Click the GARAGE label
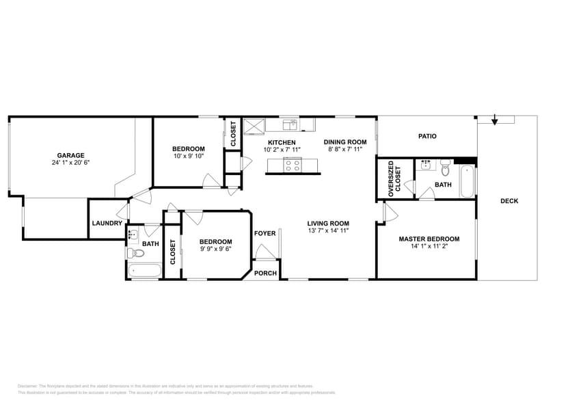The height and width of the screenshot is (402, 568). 70,155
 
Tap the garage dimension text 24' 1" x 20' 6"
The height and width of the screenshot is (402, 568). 70,163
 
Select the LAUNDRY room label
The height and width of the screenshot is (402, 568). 107,223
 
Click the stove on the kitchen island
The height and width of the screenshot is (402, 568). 293,163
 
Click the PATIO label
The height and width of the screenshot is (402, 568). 427,136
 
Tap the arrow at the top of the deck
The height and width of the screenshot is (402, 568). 495,120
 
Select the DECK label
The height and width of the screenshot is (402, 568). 509,201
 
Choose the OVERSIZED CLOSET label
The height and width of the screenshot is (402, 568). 394,180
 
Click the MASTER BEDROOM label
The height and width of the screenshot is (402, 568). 429,239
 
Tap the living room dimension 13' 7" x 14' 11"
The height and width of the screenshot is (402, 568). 328,231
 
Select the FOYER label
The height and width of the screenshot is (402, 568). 265,233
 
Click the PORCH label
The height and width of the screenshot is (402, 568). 265,273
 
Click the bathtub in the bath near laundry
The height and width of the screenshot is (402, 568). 144,271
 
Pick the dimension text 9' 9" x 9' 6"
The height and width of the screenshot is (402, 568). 215,249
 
